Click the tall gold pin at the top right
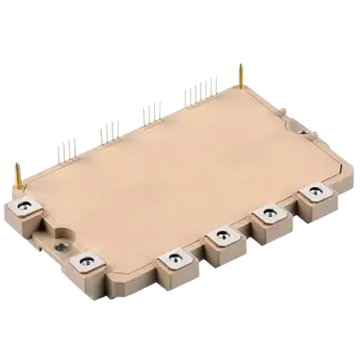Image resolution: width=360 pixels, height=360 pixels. [x=240, y=76]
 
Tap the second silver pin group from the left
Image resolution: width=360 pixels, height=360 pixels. [x=108, y=128]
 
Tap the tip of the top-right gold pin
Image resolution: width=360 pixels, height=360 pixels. [x=240, y=63]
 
